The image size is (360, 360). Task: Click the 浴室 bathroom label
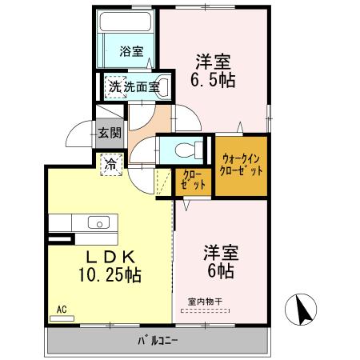coord(131,51)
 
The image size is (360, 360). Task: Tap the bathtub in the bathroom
coord(126,21)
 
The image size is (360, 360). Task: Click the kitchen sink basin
coord(98,222)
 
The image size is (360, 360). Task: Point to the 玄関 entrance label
coord(110,133)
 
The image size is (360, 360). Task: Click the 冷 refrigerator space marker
coord(111,165)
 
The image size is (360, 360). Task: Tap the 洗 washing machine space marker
coord(115,87)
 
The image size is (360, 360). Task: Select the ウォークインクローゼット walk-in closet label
coord(241,165)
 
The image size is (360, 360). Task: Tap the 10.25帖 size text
coord(110,274)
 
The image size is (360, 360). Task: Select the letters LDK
coord(110,257)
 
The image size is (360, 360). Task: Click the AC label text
coord(62,310)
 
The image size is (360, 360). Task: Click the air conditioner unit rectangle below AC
coord(62,318)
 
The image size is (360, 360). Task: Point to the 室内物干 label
coord(205,302)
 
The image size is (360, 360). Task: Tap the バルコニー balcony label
coord(158,341)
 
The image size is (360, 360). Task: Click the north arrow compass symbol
coord(301,310)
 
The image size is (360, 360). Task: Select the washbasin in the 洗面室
coord(162,86)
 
